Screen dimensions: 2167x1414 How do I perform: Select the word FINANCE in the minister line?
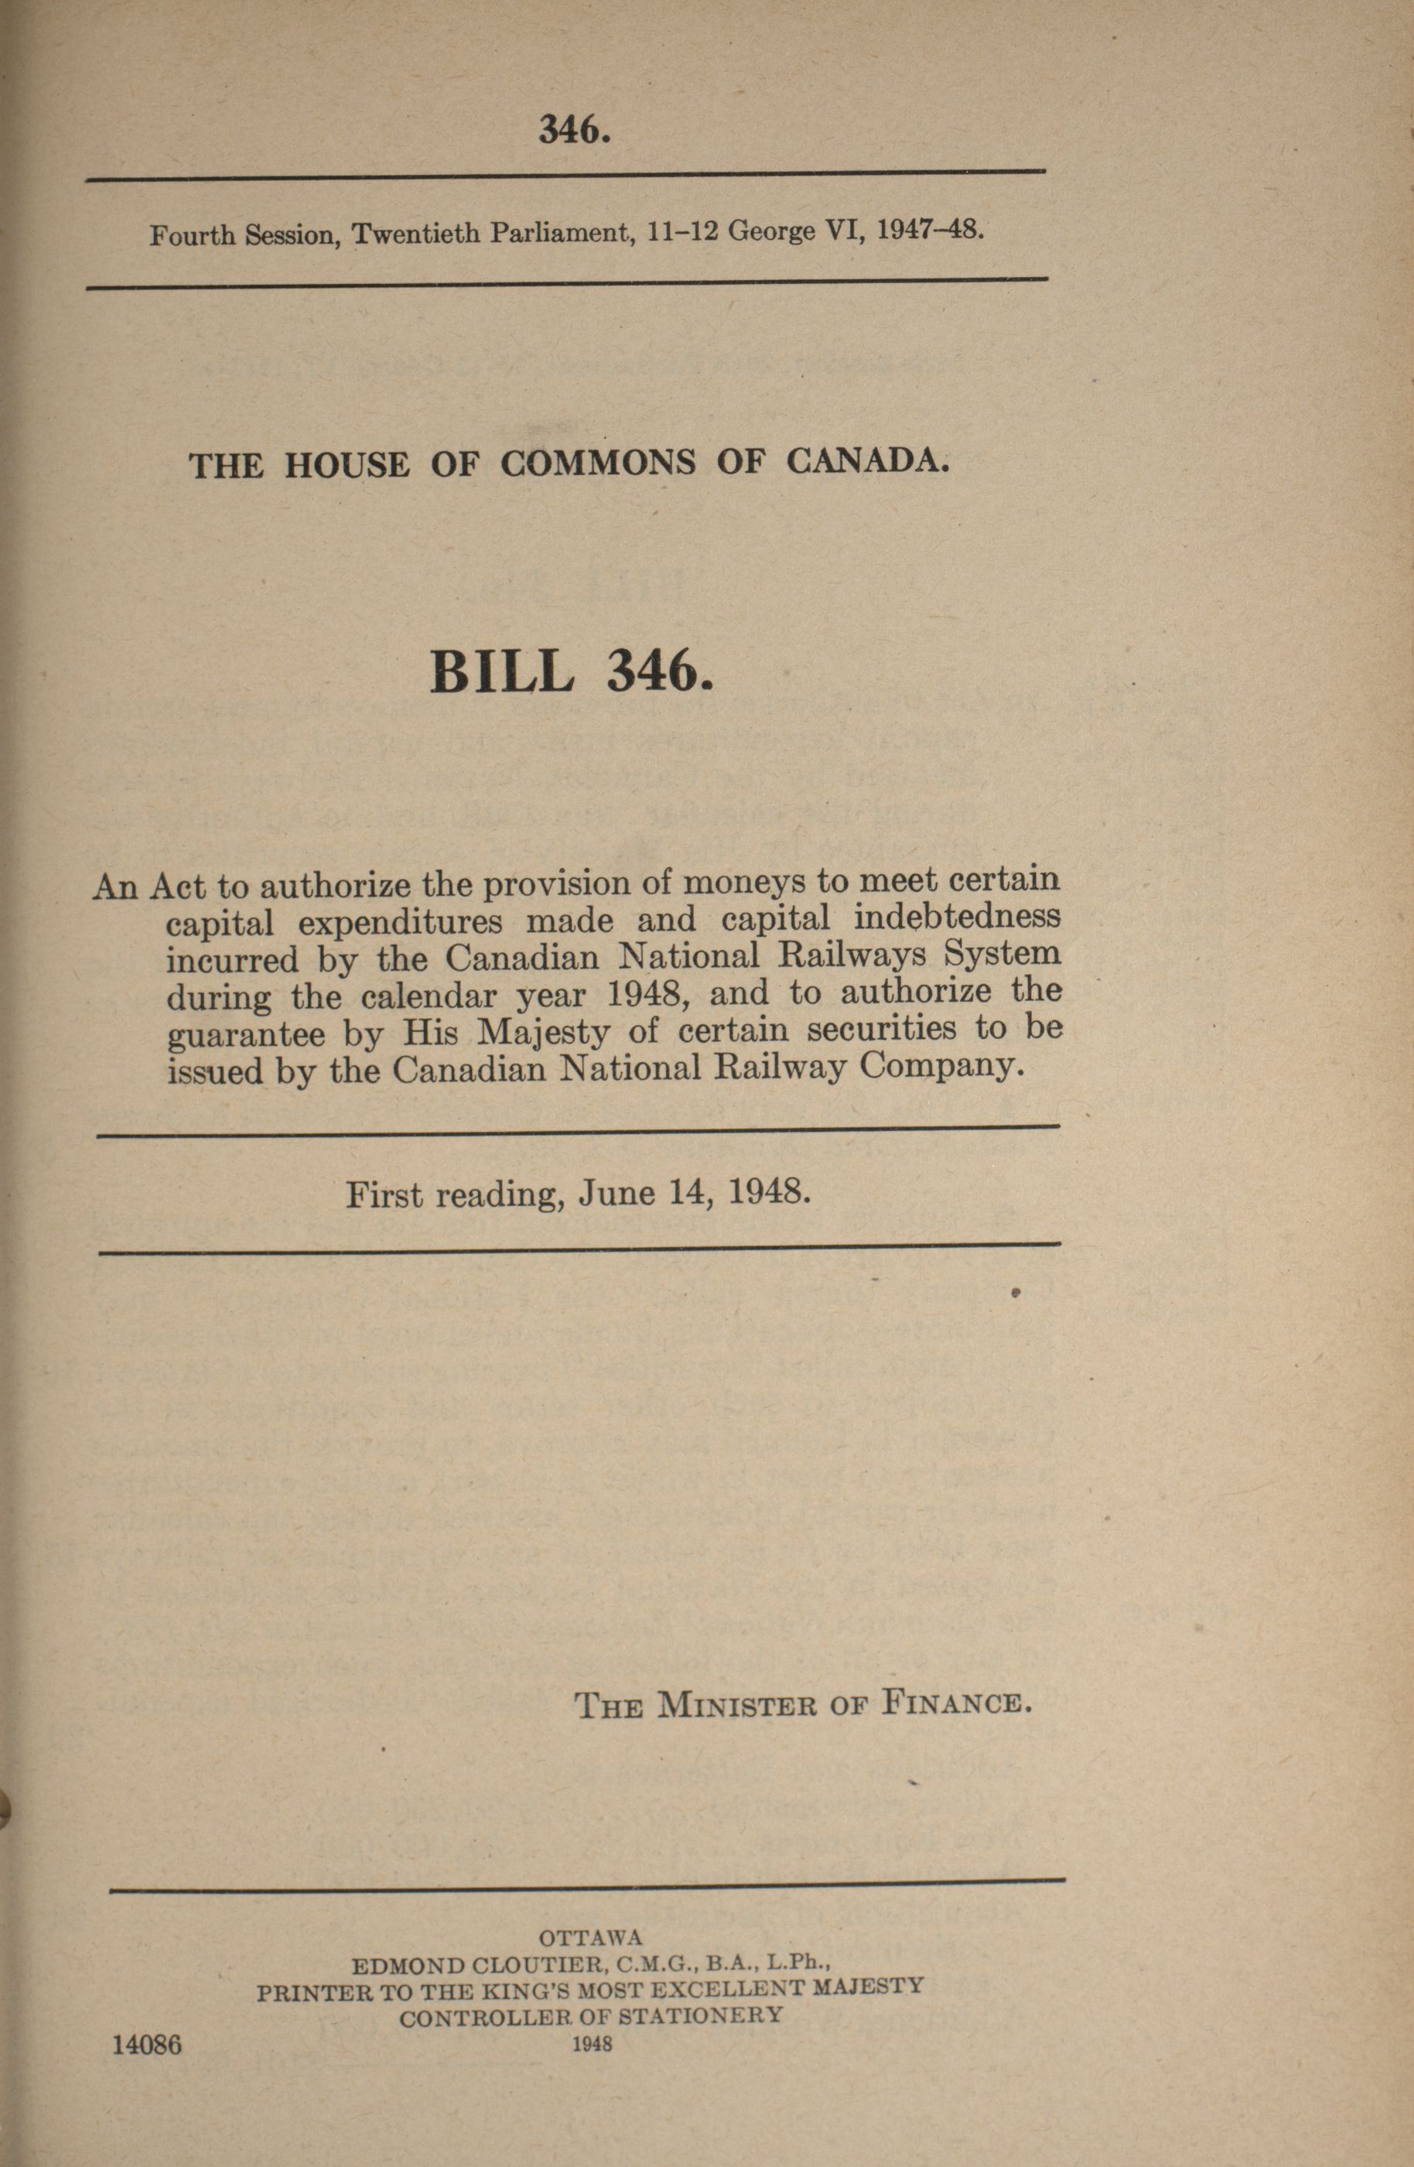(x=956, y=1702)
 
